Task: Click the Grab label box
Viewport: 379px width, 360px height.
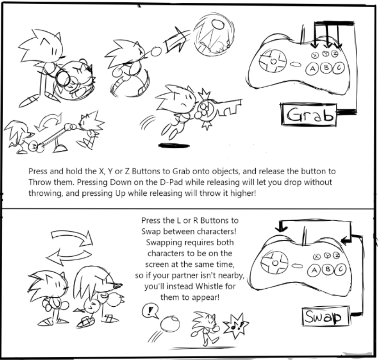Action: coord(308,115)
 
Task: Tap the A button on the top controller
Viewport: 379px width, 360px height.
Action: coord(312,69)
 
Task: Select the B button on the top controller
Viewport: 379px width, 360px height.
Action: coord(326,68)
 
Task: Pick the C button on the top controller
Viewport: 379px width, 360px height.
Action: coord(339,68)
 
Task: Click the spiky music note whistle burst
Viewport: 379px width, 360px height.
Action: coord(236,325)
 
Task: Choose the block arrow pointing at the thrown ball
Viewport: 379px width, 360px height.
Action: coord(175,41)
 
